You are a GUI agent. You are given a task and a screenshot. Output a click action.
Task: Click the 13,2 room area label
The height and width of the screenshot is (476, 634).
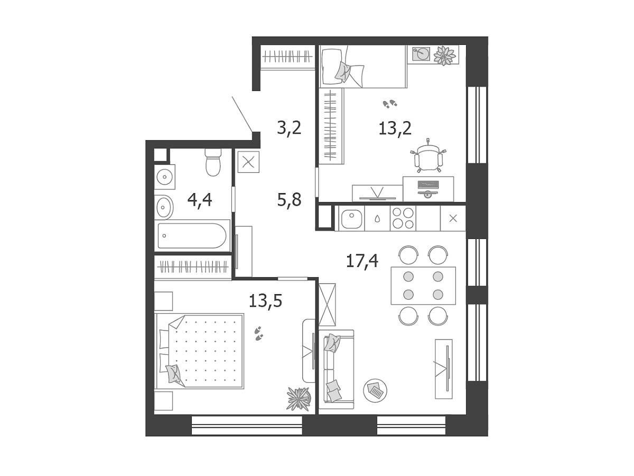395,129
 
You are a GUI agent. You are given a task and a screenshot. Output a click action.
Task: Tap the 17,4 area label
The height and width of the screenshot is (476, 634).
362,261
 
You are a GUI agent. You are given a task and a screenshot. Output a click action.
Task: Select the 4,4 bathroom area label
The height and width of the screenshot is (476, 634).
200,200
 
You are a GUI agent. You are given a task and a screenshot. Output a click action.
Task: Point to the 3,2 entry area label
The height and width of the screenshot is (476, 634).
289,128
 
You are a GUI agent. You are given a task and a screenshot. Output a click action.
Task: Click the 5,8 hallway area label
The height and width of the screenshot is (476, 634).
289,200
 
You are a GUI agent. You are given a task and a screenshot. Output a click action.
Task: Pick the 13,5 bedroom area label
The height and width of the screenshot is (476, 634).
265,301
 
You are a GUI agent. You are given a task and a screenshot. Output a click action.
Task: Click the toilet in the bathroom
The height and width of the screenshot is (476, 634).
213,162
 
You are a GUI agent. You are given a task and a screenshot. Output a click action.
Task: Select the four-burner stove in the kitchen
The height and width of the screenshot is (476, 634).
403,218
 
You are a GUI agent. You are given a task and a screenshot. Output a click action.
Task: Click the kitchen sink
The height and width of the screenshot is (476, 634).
351,219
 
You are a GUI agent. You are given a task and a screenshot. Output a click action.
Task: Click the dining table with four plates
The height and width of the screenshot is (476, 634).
423,286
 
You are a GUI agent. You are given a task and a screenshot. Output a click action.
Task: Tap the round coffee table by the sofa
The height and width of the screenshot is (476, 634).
375,391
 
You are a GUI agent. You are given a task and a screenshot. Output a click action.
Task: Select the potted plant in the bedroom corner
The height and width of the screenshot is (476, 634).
299,399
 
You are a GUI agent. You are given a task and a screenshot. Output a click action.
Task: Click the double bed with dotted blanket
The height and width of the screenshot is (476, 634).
200,351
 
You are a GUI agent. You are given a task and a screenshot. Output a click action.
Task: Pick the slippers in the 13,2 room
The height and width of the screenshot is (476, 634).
390,104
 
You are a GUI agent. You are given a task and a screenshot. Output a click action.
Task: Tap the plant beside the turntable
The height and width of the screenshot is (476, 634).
445,55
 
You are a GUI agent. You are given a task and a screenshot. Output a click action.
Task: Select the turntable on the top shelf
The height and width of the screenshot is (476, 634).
421,54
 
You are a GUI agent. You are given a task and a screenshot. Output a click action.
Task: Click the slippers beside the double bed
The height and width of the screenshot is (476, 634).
258,334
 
